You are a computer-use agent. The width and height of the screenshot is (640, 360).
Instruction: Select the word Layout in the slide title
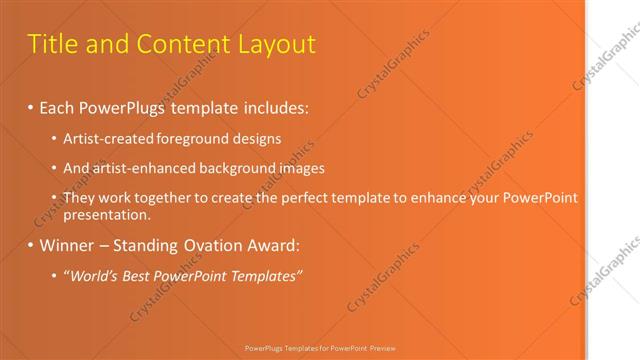pos(277,44)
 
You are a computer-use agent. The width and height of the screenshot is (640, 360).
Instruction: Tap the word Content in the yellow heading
pos(184,44)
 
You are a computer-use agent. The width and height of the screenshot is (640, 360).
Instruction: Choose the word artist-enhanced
pos(139,168)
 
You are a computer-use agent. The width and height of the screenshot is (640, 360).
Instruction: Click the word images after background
pos(302,168)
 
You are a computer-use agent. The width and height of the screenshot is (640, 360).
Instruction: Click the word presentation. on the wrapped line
pos(106,214)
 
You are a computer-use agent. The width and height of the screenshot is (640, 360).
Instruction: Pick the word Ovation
pos(209,245)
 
